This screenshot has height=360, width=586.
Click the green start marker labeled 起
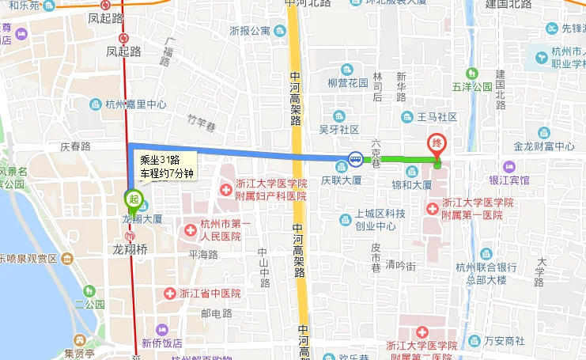coord(134,198)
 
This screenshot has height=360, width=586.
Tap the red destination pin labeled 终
coord(437,145)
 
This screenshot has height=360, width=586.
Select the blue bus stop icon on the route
coord(356,159)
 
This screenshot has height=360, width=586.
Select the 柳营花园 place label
coord(347,82)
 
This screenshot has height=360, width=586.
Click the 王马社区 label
coord(437,117)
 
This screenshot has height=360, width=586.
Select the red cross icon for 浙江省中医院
coord(169,294)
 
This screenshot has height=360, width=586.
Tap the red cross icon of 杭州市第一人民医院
coord(190,231)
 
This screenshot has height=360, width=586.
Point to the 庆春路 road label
coord(76,146)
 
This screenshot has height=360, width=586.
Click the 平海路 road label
coord(202,255)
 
